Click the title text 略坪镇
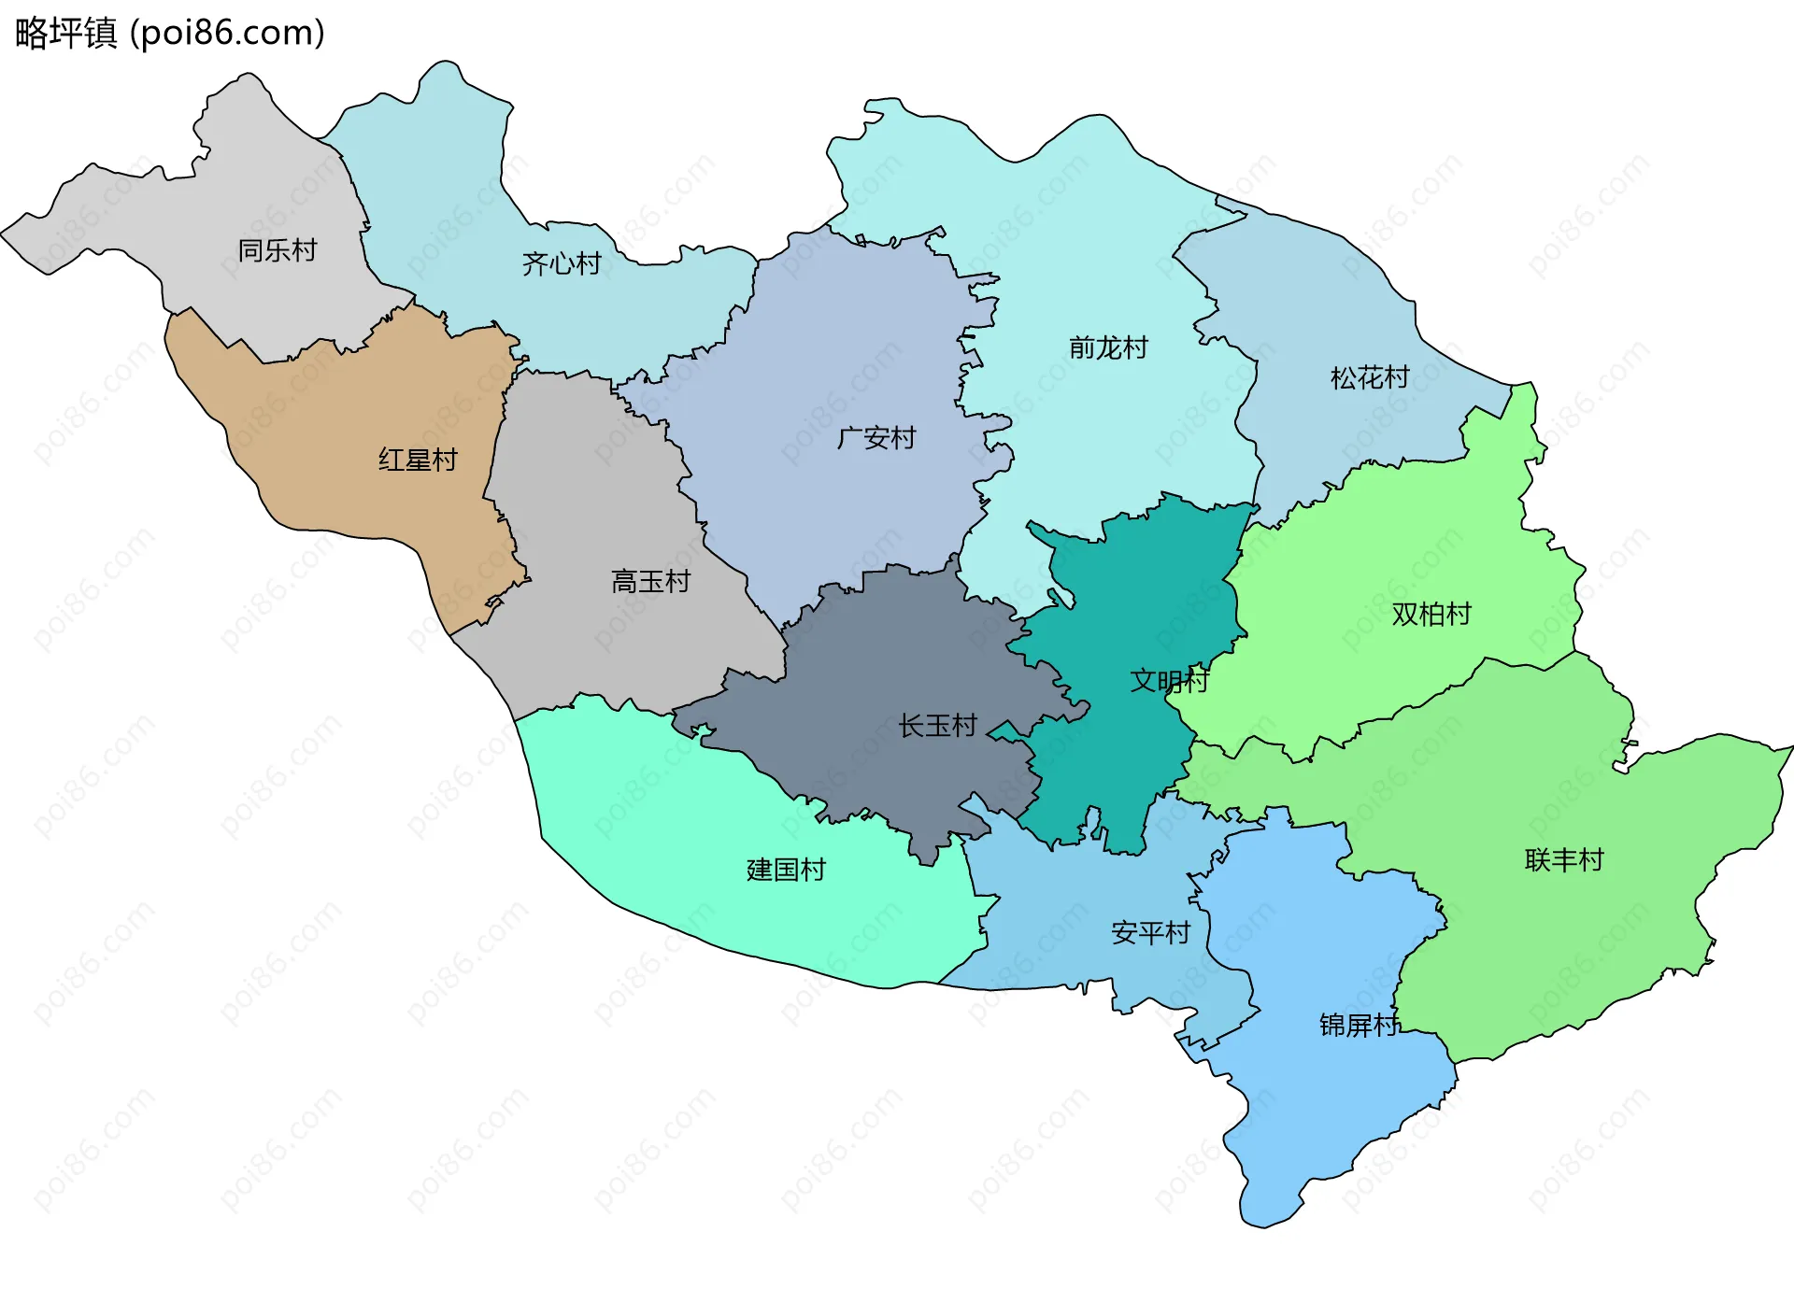pos(65,33)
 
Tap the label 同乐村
pos(277,250)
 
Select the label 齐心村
pos(561,263)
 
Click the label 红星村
pos(418,460)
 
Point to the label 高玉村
pos(650,581)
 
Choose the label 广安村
pos(876,437)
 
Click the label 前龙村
pos(1108,347)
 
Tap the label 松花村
pos(1369,377)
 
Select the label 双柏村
pos(1431,614)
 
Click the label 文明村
pos(1168,680)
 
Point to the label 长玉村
pos(937,725)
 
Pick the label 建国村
pos(786,870)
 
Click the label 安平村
pos(1150,932)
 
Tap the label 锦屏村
pos(1359,1025)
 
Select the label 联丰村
pos(1563,859)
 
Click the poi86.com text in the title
pos(227,33)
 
